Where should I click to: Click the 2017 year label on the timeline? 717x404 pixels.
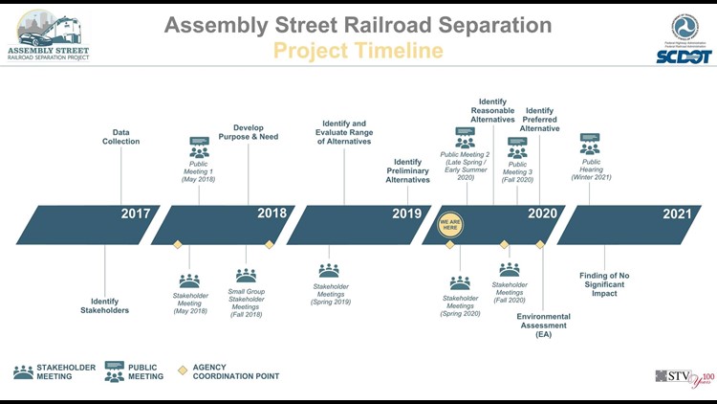point(135,213)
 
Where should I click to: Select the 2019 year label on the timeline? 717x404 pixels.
point(406,213)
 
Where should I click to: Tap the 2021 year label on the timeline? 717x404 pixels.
point(677,213)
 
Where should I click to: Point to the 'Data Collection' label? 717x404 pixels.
point(121,136)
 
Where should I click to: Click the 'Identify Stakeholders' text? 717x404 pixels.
point(104,305)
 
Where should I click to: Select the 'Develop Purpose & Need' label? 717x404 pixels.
point(255,132)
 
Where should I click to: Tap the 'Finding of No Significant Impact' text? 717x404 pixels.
point(604,284)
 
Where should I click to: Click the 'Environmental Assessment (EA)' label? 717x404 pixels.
point(543,325)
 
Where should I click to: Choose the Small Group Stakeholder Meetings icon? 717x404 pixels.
point(246,276)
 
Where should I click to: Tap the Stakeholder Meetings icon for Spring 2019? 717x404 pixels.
point(329,270)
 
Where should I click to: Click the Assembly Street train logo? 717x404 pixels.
point(49,36)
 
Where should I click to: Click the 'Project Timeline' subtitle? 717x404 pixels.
point(358,51)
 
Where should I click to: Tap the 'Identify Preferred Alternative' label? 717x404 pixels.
point(539,120)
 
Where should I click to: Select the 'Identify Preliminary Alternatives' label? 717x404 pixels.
point(407,171)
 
